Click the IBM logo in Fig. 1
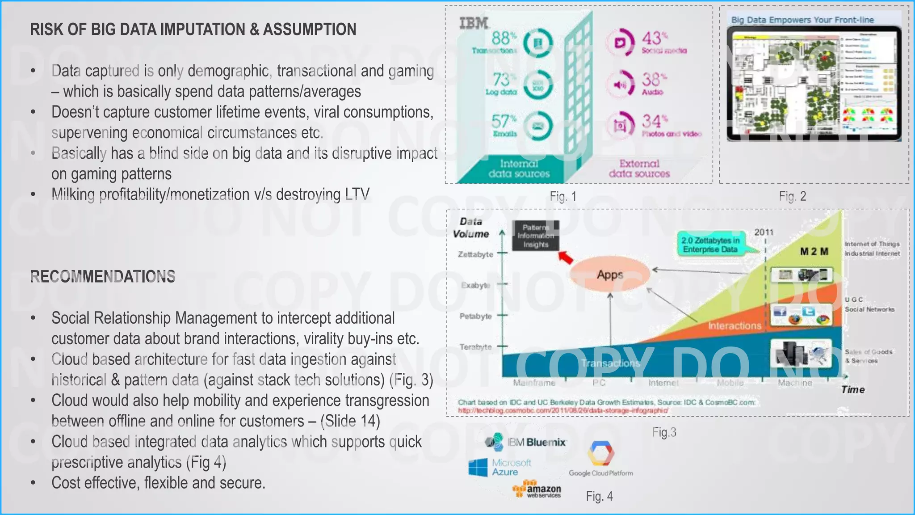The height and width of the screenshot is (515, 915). point(474,23)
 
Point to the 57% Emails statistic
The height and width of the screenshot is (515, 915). point(504,121)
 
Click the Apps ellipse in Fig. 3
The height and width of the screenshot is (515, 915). point(610,274)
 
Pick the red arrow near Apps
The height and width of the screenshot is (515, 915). point(566,258)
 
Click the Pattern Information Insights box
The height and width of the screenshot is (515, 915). point(535,236)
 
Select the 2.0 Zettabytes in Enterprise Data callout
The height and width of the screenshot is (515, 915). point(710,245)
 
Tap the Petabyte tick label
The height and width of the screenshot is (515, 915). point(475,316)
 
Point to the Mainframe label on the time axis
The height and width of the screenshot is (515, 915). point(534,383)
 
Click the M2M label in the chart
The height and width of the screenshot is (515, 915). point(814,251)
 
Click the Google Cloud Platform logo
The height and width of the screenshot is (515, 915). point(601,458)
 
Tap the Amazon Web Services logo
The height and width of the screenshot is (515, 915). point(537,490)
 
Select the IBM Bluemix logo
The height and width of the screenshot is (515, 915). point(526,442)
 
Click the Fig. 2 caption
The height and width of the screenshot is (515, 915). point(792,196)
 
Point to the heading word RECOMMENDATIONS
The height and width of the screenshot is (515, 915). point(103,277)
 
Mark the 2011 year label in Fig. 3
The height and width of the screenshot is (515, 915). point(764,232)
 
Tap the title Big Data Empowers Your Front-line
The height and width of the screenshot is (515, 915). point(802,20)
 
